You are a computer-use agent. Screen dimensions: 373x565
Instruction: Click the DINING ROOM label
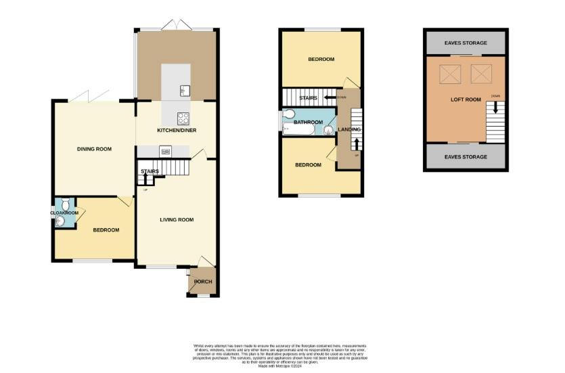(x=94, y=149)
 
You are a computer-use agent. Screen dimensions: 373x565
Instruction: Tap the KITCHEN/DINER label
(x=177, y=130)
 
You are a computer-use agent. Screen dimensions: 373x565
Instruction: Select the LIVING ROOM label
(x=177, y=219)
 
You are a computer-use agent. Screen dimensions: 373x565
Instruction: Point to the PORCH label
(x=203, y=282)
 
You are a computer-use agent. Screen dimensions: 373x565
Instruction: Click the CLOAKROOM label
(x=64, y=213)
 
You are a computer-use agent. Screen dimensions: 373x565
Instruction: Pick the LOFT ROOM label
(x=466, y=100)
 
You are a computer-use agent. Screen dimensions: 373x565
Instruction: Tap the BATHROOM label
(x=308, y=122)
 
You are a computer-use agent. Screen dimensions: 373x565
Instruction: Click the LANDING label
(x=350, y=129)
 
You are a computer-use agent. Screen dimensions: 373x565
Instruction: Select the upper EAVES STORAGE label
(x=466, y=43)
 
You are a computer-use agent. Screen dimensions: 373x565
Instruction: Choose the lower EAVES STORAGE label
(x=466, y=157)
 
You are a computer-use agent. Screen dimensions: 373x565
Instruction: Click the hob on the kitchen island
(x=183, y=115)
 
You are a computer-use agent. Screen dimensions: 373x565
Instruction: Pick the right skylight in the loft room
(x=481, y=71)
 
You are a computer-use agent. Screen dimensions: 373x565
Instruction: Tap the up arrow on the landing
(x=357, y=144)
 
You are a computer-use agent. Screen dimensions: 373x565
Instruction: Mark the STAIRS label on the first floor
(x=309, y=98)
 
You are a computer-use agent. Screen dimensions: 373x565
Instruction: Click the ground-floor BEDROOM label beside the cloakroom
(x=106, y=230)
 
